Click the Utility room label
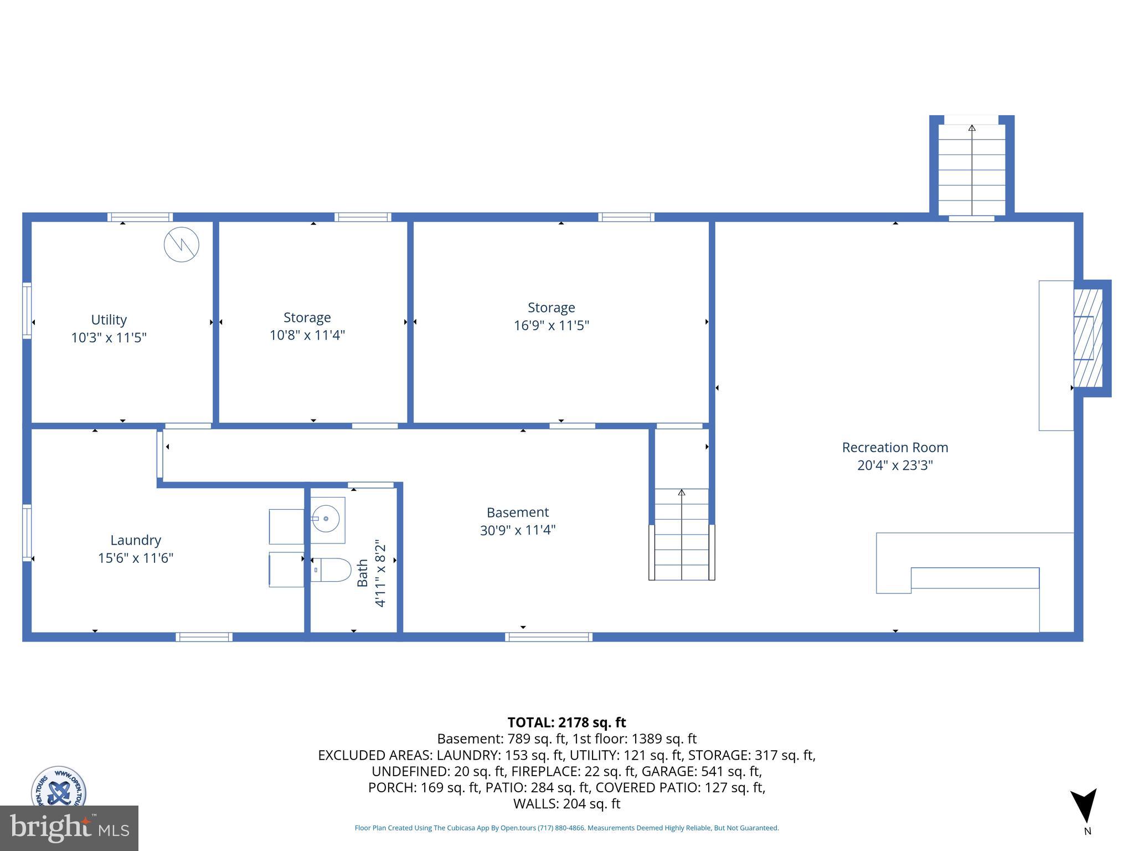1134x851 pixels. [x=109, y=320]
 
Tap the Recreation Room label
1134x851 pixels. [x=895, y=447]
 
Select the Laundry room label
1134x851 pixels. [x=136, y=540]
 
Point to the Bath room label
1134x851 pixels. [x=363, y=573]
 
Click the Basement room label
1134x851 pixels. [x=518, y=512]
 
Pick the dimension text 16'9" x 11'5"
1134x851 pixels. [x=551, y=325]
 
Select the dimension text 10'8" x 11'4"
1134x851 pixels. [x=307, y=335]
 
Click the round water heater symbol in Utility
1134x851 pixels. [x=182, y=244]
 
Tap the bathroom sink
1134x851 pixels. [x=327, y=519]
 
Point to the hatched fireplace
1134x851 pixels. [x=1087, y=338]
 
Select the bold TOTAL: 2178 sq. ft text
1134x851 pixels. [x=566, y=722]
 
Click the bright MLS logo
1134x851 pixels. [x=69, y=828]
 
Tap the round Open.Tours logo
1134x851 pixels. [x=58, y=787]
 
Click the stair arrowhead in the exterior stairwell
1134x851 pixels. [x=972, y=129]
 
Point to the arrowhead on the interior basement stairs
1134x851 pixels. [x=682, y=492]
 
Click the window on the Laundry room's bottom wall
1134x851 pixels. [x=204, y=637]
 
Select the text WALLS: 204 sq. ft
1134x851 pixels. [x=566, y=804]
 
